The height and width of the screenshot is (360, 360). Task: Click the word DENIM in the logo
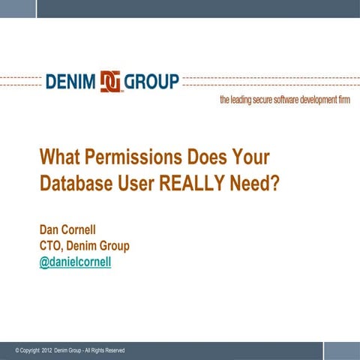click(70, 81)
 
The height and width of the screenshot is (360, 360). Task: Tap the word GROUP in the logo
click(151, 81)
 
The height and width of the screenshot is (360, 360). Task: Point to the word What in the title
click(59, 158)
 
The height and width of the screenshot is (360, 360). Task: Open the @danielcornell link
click(75, 264)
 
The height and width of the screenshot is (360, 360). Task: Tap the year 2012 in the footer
click(48, 351)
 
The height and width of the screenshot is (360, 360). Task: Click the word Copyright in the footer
click(28, 351)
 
